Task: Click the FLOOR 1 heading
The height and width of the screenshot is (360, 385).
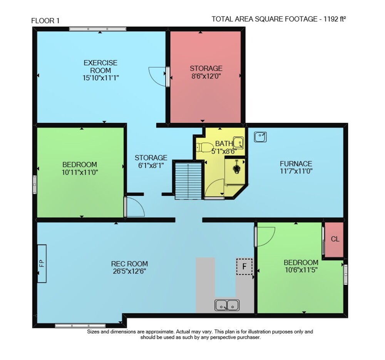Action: pyautogui.click(x=45, y=21)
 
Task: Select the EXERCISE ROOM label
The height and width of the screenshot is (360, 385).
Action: pyautogui.click(x=100, y=66)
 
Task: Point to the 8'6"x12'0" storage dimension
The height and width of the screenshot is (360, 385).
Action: pyautogui.click(x=206, y=76)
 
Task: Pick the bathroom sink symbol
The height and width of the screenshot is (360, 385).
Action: pyautogui.click(x=238, y=143)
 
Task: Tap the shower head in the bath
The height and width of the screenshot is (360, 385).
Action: pyautogui.click(x=237, y=167)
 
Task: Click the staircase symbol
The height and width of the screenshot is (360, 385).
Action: pyautogui.click(x=188, y=181)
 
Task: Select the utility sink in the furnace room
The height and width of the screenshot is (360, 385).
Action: pyautogui.click(x=260, y=137)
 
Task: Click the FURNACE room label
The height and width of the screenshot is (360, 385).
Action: pyautogui.click(x=296, y=164)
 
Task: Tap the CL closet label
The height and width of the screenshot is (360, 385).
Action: pyautogui.click(x=335, y=239)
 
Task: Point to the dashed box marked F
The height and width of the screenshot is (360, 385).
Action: pyautogui.click(x=244, y=266)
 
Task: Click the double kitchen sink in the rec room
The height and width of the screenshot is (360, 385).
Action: pyautogui.click(x=227, y=305)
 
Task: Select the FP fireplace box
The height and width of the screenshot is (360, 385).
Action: pyautogui.click(x=42, y=263)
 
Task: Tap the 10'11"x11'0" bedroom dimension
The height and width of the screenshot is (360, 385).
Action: pyautogui.click(x=80, y=172)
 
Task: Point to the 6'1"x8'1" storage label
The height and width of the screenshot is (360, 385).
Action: pyautogui.click(x=151, y=165)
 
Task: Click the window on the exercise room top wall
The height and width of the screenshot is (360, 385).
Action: pyautogui.click(x=98, y=29)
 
